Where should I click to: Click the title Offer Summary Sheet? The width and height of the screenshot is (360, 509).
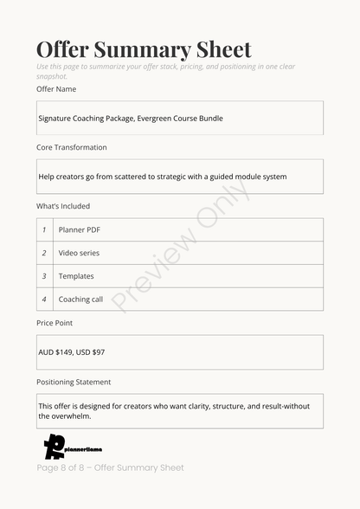pos(144,49)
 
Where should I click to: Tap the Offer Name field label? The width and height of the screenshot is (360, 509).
pos(56,89)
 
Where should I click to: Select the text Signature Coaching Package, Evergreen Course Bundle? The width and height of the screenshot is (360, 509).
pos(131,119)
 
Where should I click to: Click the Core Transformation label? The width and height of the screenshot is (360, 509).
pos(72,148)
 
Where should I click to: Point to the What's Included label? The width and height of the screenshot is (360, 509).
pos(63,207)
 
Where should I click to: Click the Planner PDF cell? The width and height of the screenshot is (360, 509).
pos(80,230)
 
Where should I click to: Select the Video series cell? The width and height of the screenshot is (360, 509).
pos(79,254)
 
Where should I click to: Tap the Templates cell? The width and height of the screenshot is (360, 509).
pos(76,276)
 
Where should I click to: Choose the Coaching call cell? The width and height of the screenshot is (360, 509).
pos(80,300)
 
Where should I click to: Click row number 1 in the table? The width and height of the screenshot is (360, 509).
pos(44,230)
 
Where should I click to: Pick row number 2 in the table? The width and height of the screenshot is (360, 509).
pos(44,254)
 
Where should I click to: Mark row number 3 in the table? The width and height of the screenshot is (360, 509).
pos(44,276)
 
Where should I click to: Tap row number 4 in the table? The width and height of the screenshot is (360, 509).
pos(44,300)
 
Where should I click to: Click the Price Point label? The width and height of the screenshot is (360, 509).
pos(55,323)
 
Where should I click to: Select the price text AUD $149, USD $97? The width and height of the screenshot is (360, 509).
pos(72,352)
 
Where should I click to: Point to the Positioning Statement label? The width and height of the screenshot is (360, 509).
pos(74,382)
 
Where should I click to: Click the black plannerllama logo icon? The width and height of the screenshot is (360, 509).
pos(54,447)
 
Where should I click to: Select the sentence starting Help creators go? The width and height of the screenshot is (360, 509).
pos(163,177)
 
